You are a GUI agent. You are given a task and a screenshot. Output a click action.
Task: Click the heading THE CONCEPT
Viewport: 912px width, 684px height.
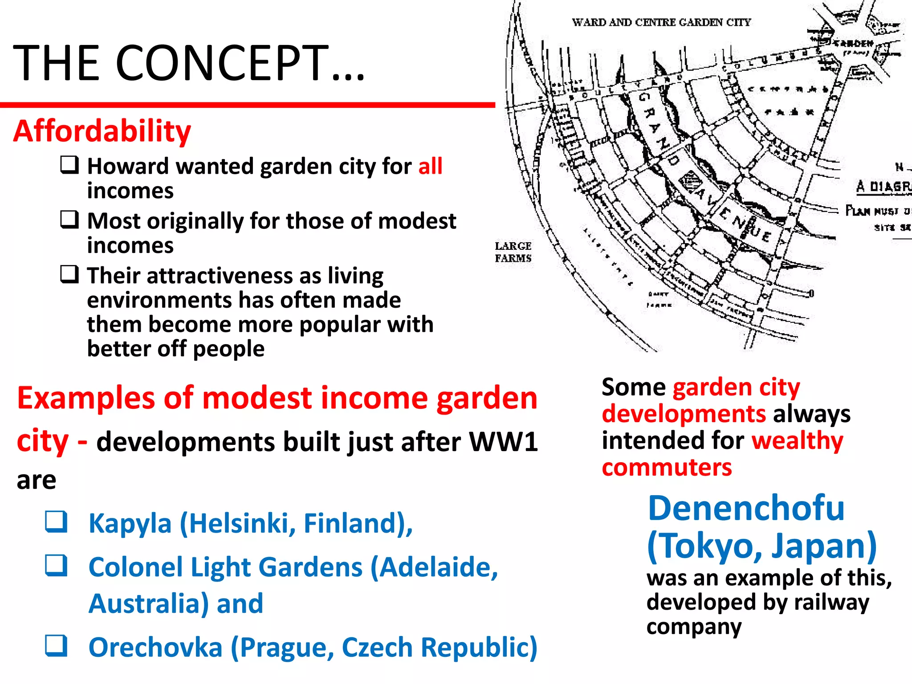point(189,63)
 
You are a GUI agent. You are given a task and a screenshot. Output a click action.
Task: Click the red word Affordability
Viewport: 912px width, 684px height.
point(102,131)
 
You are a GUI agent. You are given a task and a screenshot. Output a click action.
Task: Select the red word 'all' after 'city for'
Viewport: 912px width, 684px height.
point(430,167)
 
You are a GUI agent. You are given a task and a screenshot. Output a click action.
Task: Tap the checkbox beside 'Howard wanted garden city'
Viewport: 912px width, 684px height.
point(70,165)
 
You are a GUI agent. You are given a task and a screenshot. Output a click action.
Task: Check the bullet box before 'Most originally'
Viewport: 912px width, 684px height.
point(70,220)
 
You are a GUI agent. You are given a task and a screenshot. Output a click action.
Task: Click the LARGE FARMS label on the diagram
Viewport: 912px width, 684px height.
point(513,252)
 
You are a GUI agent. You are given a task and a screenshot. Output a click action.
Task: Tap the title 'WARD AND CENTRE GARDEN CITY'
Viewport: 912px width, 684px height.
point(661,22)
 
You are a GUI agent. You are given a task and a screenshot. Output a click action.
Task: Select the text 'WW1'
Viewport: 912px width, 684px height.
point(504,442)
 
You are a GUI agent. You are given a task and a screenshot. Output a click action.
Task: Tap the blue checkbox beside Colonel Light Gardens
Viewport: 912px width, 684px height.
point(57,566)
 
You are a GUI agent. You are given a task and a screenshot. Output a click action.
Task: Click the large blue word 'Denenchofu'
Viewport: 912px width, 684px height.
point(746,509)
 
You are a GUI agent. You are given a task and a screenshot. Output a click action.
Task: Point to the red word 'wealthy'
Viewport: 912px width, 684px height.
point(797,441)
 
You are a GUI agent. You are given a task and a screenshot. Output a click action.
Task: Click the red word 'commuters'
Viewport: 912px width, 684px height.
point(667,468)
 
